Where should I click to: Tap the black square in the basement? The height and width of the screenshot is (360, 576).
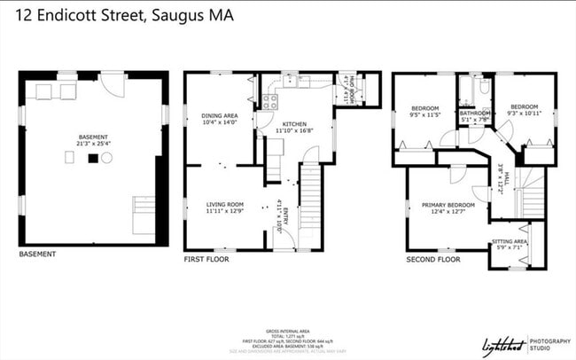[x=90, y=158]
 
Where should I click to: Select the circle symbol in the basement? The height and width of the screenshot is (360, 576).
[x=107, y=158]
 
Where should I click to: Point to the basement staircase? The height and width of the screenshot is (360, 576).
[x=144, y=214]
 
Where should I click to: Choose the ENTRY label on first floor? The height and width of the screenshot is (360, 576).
[x=286, y=215]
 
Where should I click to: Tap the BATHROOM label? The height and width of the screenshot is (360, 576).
[x=475, y=113]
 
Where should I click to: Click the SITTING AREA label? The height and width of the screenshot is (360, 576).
[x=510, y=241]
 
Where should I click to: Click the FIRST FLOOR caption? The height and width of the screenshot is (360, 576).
[x=206, y=260]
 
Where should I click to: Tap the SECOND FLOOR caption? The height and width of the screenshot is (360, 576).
[x=432, y=260]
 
